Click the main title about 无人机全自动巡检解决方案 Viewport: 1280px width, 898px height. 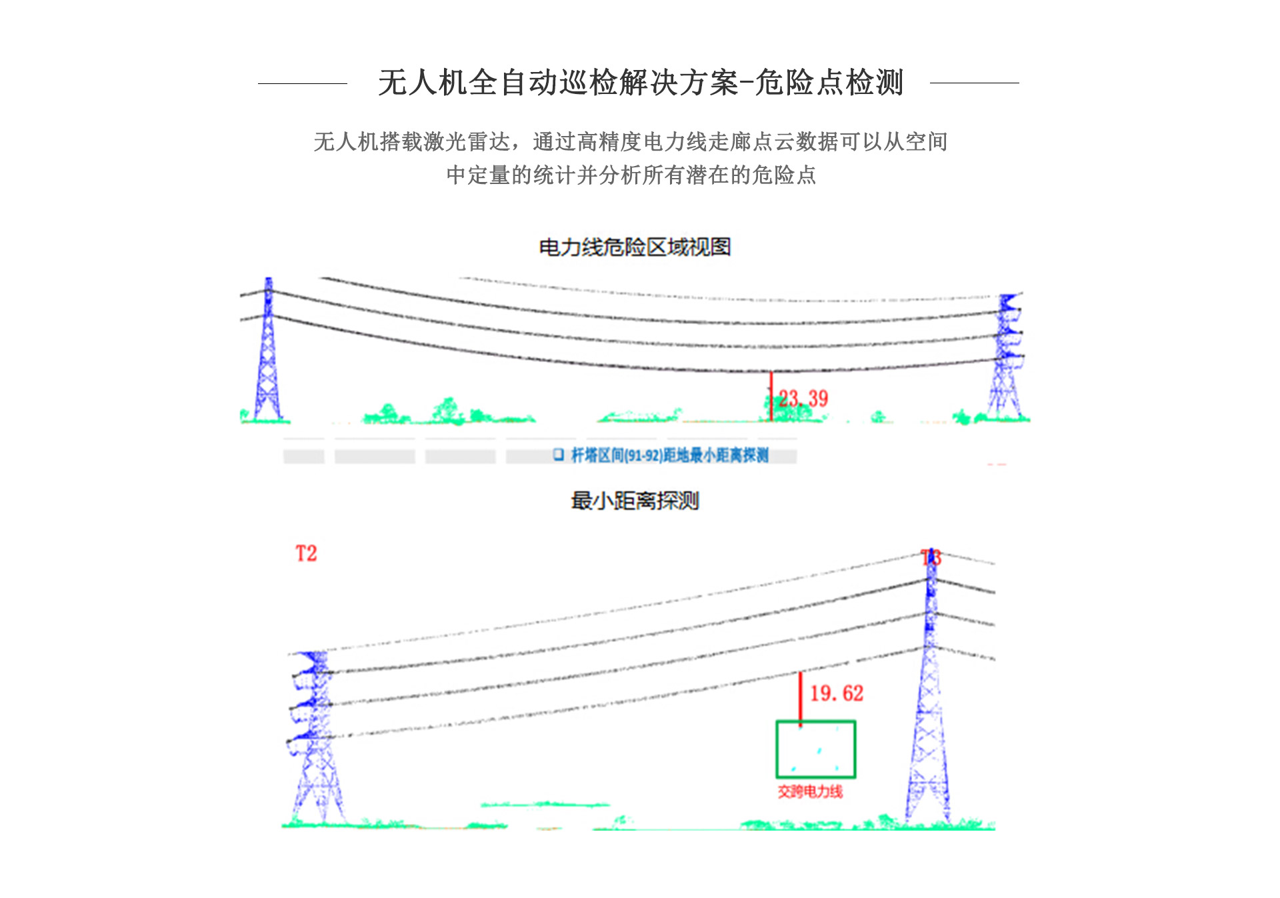(x=640, y=83)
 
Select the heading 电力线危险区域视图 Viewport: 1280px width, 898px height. (x=635, y=247)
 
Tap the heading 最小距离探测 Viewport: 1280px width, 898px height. (x=635, y=501)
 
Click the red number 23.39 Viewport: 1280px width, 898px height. (x=803, y=399)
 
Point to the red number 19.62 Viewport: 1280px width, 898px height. (x=837, y=693)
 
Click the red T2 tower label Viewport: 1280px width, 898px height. (x=306, y=553)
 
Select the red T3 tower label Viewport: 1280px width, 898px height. (x=931, y=557)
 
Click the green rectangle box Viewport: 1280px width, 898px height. (x=815, y=749)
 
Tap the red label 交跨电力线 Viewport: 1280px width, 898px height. (x=810, y=791)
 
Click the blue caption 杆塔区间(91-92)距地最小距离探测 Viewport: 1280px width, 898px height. (x=669, y=455)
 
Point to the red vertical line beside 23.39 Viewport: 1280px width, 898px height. (x=771, y=395)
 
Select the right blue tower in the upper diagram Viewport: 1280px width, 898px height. (x=1006, y=357)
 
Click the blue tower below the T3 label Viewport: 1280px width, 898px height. (x=929, y=700)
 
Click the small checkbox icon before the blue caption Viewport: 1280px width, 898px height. (x=558, y=455)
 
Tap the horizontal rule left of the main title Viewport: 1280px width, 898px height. (x=303, y=83)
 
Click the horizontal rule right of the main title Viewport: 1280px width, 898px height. (x=974, y=83)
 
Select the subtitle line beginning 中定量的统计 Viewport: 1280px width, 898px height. (x=631, y=175)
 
